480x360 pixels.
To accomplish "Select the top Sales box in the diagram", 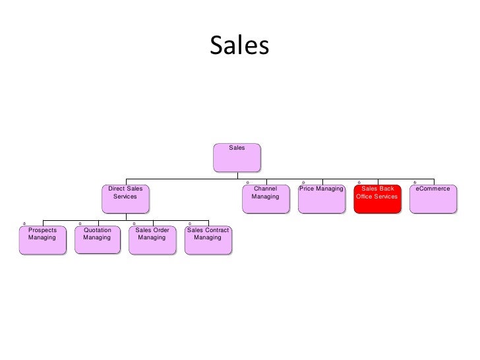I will coord(237,157).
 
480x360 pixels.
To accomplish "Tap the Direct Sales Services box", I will coord(125,198).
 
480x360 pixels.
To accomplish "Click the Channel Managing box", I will coord(265,198).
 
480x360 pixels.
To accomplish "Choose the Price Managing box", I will coord(321,198).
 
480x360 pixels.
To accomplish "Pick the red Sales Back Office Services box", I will coord(377,198).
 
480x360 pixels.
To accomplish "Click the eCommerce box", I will coord(433,198).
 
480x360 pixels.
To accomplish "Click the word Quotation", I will coord(98,230).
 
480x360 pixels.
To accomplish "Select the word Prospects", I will coord(42,230).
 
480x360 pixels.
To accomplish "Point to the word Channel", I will coord(265,189).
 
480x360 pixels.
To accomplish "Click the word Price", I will coord(307,189).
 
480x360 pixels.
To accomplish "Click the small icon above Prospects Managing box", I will coord(24,223).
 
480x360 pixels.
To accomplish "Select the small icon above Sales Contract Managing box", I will coord(190,223).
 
